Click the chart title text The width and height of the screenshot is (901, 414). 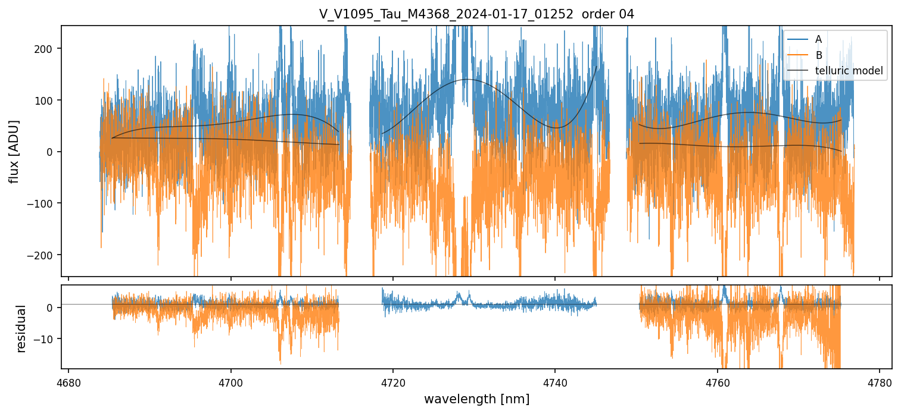point(476,14)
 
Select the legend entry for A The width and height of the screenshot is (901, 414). point(819,39)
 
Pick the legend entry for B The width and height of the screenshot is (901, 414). point(819,55)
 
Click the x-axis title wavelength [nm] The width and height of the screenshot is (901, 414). point(476,399)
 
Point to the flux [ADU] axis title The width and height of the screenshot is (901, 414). point(14,151)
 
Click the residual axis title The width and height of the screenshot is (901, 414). point(21,328)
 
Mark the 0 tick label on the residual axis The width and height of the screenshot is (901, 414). point(50,308)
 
